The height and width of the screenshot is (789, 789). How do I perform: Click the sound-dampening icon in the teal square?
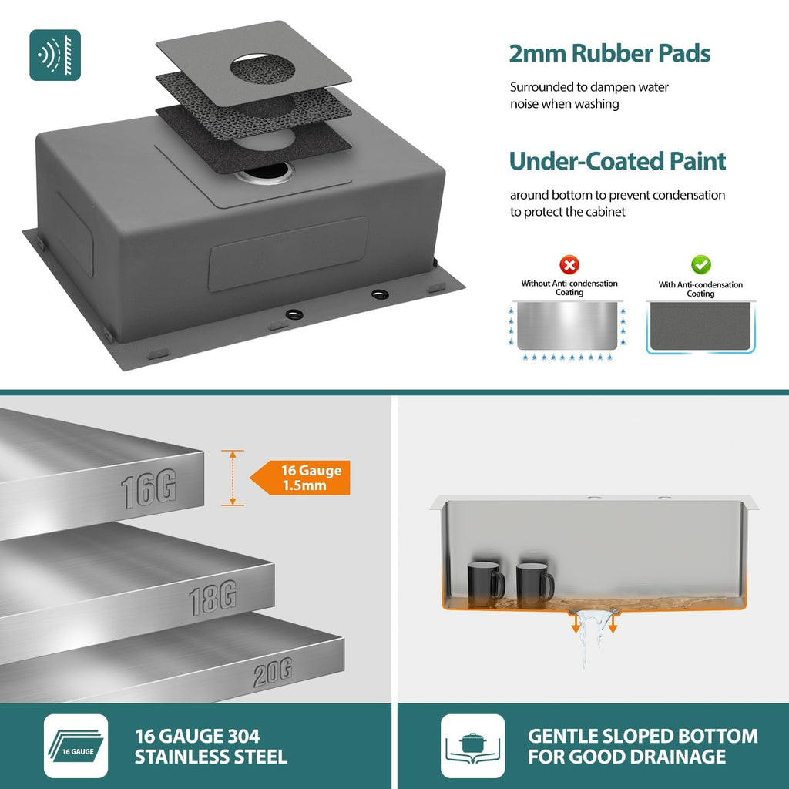tap(55, 55)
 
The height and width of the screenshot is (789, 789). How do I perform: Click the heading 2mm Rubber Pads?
tap(609, 53)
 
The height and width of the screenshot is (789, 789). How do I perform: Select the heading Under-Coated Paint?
tap(617, 162)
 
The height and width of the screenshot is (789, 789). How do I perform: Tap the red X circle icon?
tap(569, 265)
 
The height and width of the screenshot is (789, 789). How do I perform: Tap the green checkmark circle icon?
tap(700, 265)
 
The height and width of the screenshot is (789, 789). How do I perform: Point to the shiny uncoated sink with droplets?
tap(567, 326)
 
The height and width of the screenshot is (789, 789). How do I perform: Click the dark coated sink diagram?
tap(700, 327)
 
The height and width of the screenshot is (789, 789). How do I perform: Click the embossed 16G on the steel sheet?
tap(149, 488)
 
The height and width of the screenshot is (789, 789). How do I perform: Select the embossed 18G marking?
tap(213, 597)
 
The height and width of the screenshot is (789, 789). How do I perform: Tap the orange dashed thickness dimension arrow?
tap(233, 478)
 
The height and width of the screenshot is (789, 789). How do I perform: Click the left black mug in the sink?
tap(485, 584)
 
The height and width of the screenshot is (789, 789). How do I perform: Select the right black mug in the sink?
tap(535, 585)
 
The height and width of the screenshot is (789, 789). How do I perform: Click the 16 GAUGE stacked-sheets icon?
tap(76, 746)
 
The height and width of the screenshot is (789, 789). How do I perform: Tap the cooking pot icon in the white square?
tap(472, 746)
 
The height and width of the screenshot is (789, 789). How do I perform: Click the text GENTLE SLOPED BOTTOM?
tap(643, 736)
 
